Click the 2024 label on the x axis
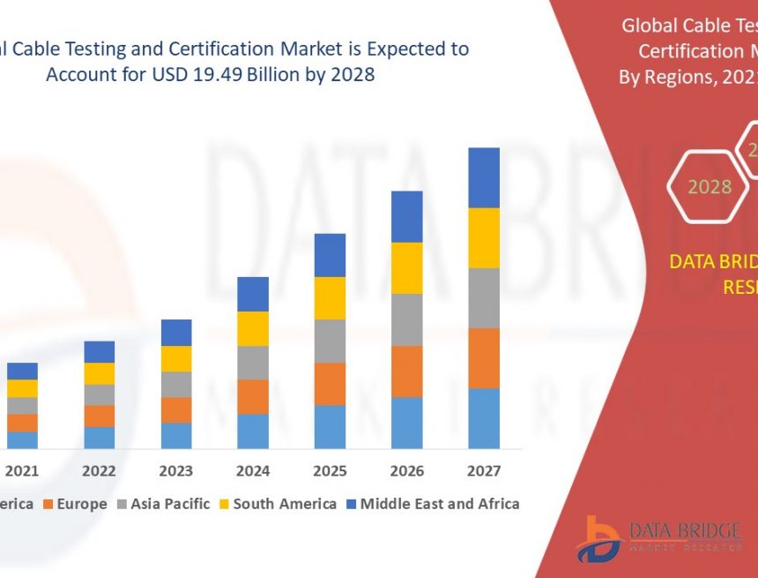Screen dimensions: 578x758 click(252, 471)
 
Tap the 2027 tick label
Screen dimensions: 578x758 click(483, 471)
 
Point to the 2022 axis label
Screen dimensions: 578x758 click(99, 471)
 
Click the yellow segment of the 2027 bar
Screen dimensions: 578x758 click(483, 237)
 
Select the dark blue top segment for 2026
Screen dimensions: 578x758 click(406, 216)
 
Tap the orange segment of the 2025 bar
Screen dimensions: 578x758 click(330, 384)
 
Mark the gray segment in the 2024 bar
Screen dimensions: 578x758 click(252, 362)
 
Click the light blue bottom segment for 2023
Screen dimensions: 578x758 click(175, 435)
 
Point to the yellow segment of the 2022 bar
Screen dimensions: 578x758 click(99, 373)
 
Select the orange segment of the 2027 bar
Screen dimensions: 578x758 click(483, 357)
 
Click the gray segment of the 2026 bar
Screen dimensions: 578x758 click(406, 319)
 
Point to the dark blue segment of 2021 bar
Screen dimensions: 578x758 click(22, 371)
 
